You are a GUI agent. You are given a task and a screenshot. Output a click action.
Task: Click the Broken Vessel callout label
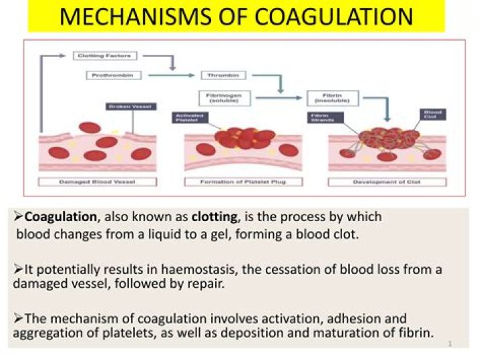pos(130,106)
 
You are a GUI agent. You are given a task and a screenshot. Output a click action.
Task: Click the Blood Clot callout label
pos(430,114)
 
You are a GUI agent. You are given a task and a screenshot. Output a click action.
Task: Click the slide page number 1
pos(450,343)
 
